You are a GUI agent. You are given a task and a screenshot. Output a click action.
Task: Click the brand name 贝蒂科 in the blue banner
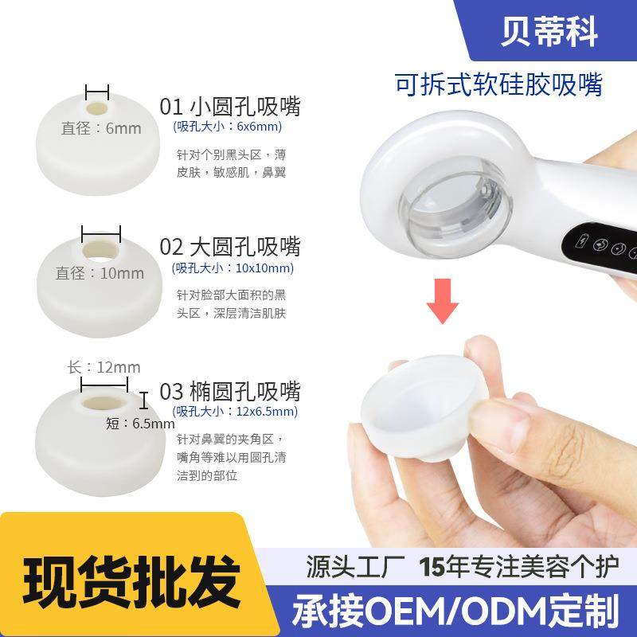(x=549, y=32)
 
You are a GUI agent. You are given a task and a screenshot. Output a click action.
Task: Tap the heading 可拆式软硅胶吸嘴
(x=498, y=84)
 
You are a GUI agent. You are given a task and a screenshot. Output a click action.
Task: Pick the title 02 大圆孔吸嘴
(x=230, y=246)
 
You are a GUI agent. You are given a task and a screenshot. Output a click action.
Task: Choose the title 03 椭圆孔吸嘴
(x=230, y=391)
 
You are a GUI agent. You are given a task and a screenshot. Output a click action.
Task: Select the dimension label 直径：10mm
(x=100, y=273)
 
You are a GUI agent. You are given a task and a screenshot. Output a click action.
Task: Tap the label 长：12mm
(x=104, y=367)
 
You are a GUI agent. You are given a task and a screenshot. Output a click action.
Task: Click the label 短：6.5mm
(x=139, y=424)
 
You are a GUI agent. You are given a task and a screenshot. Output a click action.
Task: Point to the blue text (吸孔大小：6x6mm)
(x=227, y=127)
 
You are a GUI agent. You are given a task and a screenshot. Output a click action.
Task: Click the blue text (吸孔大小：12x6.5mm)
(x=236, y=411)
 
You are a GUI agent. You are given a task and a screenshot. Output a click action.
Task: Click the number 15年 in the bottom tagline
(x=438, y=566)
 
